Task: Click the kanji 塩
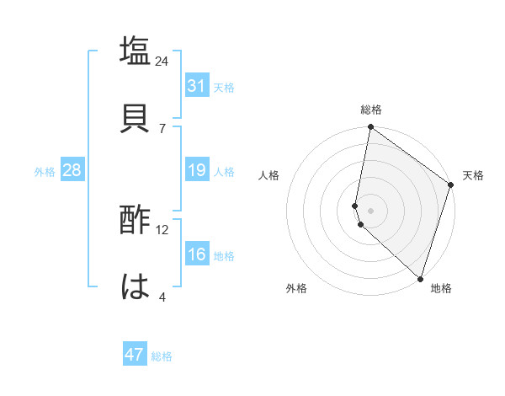[136, 51]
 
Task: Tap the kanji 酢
[136, 222]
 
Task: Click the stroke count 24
[162, 62]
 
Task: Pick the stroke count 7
[162, 128]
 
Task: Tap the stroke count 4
[162, 297]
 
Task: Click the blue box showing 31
[197, 86]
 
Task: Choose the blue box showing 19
[197, 170]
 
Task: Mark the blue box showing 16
[197, 254]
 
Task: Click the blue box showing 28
[72, 170]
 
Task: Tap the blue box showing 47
[135, 355]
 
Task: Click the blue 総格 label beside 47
[162, 356]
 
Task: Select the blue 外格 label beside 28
[45, 172]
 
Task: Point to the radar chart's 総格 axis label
[371, 110]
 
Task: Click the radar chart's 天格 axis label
[473, 175]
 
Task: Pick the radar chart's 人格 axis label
[269, 175]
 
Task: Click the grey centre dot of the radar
[370, 210]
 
